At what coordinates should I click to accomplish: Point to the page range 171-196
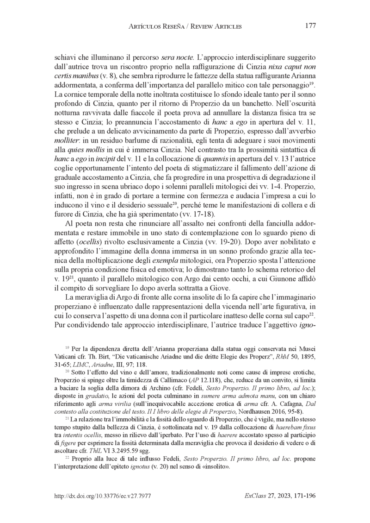tap(303, 495)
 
